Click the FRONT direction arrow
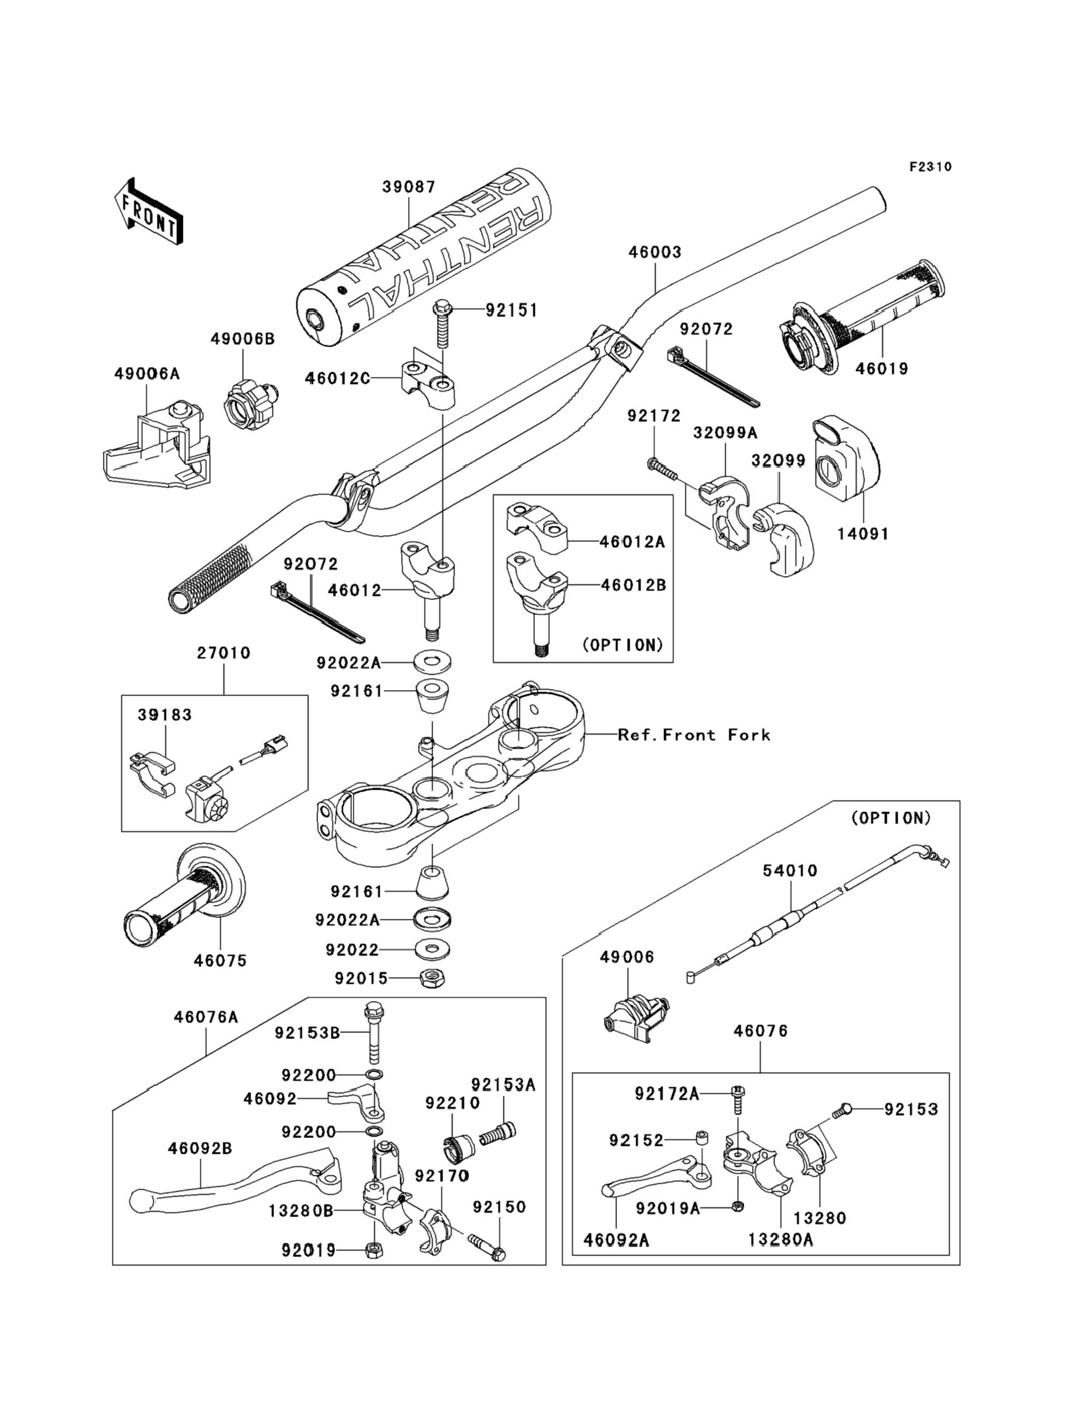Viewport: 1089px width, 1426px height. [x=148, y=212]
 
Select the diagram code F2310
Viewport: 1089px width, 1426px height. [x=930, y=167]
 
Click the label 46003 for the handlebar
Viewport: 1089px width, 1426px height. [x=655, y=252]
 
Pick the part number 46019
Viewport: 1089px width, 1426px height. [x=881, y=369]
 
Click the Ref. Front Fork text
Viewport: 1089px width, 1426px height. [x=694, y=735]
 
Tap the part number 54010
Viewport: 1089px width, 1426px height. [x=790, y=871]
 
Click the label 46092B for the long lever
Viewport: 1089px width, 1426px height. [x=200, y=1148]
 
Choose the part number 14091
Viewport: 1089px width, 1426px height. [x=863, y=534]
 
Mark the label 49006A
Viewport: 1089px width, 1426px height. [x=147, y=374]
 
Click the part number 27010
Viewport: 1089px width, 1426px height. [x=223, y=653]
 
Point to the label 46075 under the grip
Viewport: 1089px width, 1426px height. [x=220, y=961]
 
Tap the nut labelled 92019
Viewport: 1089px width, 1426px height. [x=374, y=1250]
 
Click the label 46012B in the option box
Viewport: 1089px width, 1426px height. [x=633, y=584]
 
